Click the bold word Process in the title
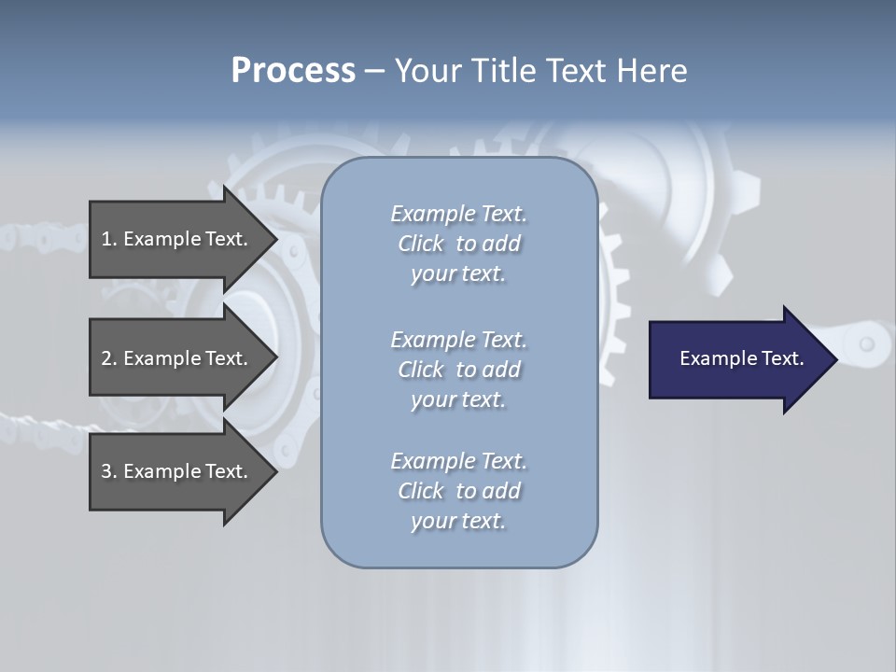293,71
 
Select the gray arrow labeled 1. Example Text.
177,239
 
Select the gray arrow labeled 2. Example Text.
177,358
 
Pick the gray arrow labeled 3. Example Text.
177,471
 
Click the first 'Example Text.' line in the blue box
458,214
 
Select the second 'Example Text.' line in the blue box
458,340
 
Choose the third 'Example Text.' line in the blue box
458,461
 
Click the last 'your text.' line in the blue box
458,521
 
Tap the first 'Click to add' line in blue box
458,244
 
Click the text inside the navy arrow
741,358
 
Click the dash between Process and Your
374,71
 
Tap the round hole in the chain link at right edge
866,344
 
